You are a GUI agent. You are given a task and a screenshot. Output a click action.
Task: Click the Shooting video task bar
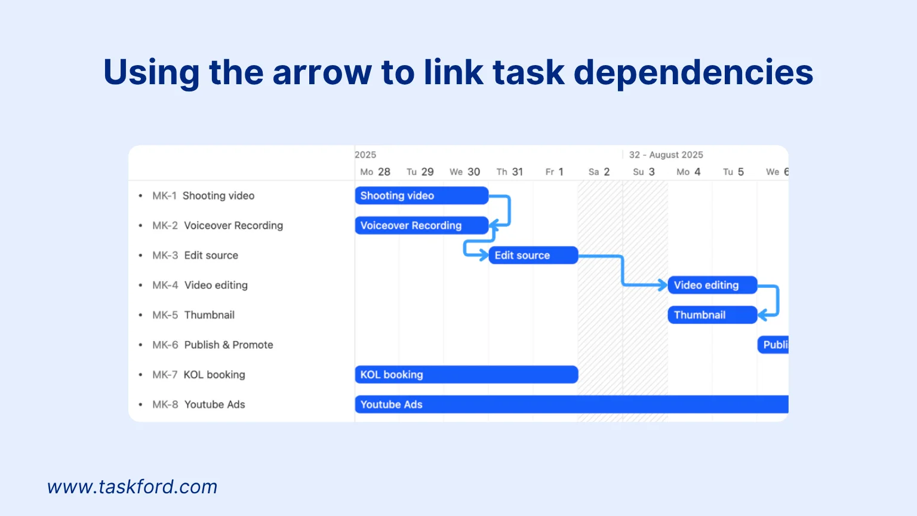421,195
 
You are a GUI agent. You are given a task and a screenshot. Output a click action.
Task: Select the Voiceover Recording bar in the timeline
421,225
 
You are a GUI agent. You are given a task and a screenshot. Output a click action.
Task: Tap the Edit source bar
533,255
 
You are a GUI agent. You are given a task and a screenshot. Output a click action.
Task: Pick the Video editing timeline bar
712,285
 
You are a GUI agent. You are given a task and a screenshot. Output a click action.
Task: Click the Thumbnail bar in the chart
712,315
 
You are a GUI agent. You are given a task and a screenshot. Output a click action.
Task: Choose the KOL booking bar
466,374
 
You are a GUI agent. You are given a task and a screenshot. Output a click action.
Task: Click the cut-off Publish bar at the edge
773,345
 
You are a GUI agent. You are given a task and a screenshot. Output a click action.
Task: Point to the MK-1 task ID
164,196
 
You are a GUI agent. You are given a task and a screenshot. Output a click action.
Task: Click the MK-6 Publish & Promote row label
213,345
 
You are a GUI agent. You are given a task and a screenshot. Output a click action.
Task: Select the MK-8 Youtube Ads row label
199,404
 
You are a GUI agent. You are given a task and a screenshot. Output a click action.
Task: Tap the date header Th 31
510,172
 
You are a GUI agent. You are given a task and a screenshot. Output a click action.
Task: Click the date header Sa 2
599,172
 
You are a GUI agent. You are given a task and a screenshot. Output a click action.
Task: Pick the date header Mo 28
375,172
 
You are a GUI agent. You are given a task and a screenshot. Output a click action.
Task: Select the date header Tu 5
733,172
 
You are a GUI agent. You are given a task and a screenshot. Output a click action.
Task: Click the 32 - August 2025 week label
666,155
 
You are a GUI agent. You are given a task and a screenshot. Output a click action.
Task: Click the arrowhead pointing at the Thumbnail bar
762,315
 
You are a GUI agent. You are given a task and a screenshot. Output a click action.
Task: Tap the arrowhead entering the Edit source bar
484,255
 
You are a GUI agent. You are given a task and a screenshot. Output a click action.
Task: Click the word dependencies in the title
693,72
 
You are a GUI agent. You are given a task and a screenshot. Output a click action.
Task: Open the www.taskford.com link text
132,487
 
